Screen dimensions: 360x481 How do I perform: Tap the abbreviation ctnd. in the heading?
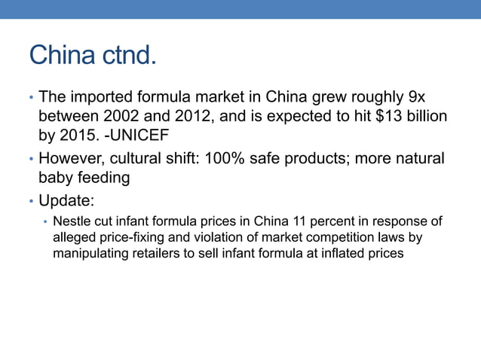coord(127,55)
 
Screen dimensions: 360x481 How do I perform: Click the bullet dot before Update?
coord(32,201)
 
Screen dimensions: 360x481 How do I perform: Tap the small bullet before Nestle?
coord(45,223)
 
